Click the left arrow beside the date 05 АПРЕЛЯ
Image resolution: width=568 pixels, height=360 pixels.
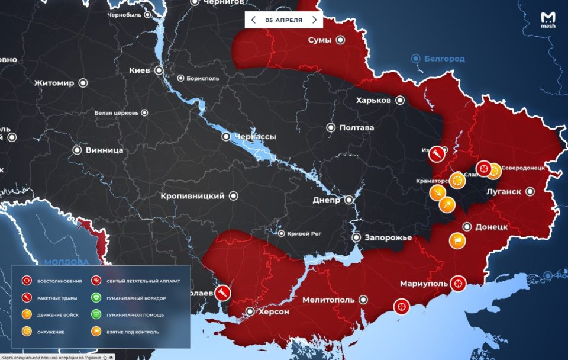(x=254, y=20)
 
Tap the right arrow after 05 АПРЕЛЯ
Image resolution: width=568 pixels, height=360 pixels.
(x=314, y=20)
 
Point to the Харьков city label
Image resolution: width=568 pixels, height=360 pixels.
(x=373, y=100)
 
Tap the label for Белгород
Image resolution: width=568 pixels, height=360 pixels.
(x=444, y=59)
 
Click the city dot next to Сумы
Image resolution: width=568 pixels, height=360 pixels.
(x=341, y=40)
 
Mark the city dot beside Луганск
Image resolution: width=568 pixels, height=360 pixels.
(x=530, y=191)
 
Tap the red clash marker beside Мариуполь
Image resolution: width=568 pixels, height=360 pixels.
(x=458, y=284)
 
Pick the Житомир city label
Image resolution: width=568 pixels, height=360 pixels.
(x=54, y=83)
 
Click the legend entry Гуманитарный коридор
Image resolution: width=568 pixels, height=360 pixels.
(x=133, y=298)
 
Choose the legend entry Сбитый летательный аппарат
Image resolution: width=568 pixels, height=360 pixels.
(x=143, y=281)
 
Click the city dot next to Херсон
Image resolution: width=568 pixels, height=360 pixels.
(x=250, y=311)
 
